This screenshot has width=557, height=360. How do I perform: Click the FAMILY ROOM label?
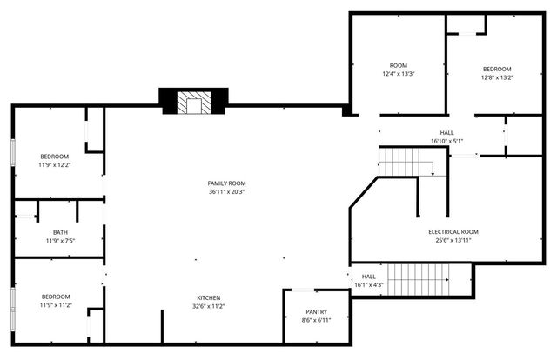pyautogui.click(x=226, y=183)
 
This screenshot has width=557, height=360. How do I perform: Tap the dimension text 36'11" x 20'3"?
pyautogui.click(x=226, y=193)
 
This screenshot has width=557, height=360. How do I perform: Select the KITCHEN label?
pyautogui.click(x=207, y=297)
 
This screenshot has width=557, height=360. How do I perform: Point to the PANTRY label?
pyautogui.click(x=317, y=311)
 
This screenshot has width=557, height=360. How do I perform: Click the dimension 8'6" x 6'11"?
pyautogui.click(x=317, y=320)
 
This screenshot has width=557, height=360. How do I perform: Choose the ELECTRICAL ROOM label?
pyautogui.click(x=453, y=231)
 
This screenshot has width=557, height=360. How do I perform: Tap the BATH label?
pyautogui.click(x=60, y=232)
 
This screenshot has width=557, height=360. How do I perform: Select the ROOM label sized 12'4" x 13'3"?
pyautogui.click(x=399, y=65)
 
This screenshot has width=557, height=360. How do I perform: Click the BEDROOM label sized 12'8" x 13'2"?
pyautogui.click(x=498, y=69)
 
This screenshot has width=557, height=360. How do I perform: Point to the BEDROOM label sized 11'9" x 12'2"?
pyautogui.click(x=54, y=157)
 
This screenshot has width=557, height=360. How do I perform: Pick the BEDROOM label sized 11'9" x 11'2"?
pyautogui.click(x=54, y=297)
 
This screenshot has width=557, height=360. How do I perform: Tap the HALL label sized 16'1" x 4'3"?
pyautogui.click(x=369, y=276)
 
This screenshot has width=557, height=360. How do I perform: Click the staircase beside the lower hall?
pyautogui.click(x=417, y=280)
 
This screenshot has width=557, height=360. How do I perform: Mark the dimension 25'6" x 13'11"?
pyautogui.click(x=453, y=241)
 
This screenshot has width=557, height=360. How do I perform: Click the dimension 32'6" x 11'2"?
pyautogui.click(x=207, y=306)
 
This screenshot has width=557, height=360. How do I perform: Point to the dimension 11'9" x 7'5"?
pyautogui.click(x=60, y=241)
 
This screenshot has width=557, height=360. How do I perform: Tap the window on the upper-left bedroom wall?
pyautogui.click(x=12, y=151)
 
